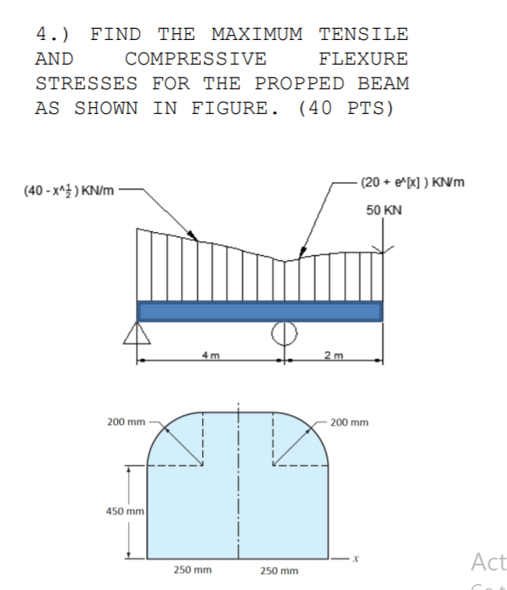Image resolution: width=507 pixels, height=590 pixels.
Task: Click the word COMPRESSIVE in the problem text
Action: coord(195,60)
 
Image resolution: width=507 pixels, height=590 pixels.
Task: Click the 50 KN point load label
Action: coord(385,209)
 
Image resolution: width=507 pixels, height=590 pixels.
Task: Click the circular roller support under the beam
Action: coord(284,332)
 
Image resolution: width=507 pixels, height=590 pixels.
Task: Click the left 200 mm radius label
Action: coord(125,422)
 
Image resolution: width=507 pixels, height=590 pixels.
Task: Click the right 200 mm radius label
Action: coord(349,422)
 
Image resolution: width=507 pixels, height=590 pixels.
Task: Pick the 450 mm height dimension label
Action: coord(121,511)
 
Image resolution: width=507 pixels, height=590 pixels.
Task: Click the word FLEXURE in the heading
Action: coord(363,60)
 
